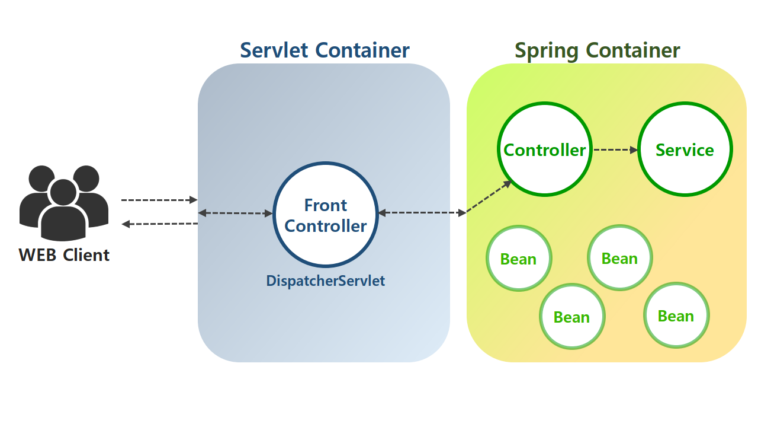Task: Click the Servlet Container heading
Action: (x=325, y=50)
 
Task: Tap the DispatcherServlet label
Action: (x=326, y=281)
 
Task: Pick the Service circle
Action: (x=685, y=150)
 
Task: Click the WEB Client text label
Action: (x=64, y=255)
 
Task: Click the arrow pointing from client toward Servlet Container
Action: (x=159, y=200)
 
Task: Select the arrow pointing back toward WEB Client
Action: (x=159, y=224)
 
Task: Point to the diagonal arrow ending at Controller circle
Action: (x=489, y=197)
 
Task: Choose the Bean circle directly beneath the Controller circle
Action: (x=519, y=259)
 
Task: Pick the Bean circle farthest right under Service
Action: (x=676, y=316)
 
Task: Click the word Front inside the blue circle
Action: (x=326, y=205)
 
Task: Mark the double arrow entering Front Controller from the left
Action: (x=235, y=213)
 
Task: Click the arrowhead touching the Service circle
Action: (x=634, y=150)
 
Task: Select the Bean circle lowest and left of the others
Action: (x=572, y=317)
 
